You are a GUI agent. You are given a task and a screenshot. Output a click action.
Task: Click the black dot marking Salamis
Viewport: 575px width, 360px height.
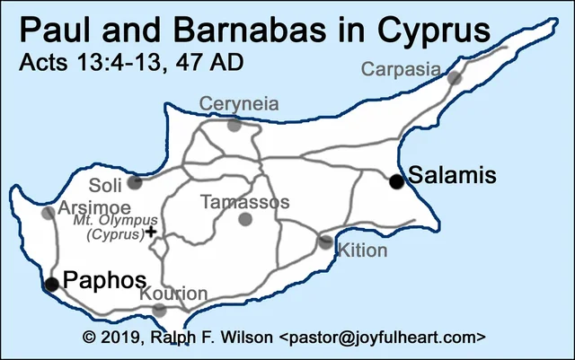396,181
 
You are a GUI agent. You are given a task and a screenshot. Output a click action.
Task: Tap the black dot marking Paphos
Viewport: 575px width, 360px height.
51,285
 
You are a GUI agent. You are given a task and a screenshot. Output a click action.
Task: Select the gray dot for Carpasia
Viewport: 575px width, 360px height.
455,79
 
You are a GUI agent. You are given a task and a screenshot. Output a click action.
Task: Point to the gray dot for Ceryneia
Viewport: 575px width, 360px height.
234,125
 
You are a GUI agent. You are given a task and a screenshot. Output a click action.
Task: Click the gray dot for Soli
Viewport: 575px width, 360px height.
135,183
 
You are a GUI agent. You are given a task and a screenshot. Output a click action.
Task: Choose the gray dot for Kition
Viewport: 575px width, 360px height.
325,241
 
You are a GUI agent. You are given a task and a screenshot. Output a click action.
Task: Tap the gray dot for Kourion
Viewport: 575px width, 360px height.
160,310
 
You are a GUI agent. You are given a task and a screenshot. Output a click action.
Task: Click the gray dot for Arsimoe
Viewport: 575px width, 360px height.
48,213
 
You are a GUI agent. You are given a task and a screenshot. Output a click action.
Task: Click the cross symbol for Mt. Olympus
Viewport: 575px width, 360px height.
151,232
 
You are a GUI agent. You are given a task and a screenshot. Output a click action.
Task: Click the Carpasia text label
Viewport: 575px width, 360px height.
402,68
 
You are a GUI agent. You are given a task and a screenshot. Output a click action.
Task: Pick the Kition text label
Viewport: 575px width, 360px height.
363,250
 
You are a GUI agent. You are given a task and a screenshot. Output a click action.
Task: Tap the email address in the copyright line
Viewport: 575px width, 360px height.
383,338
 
